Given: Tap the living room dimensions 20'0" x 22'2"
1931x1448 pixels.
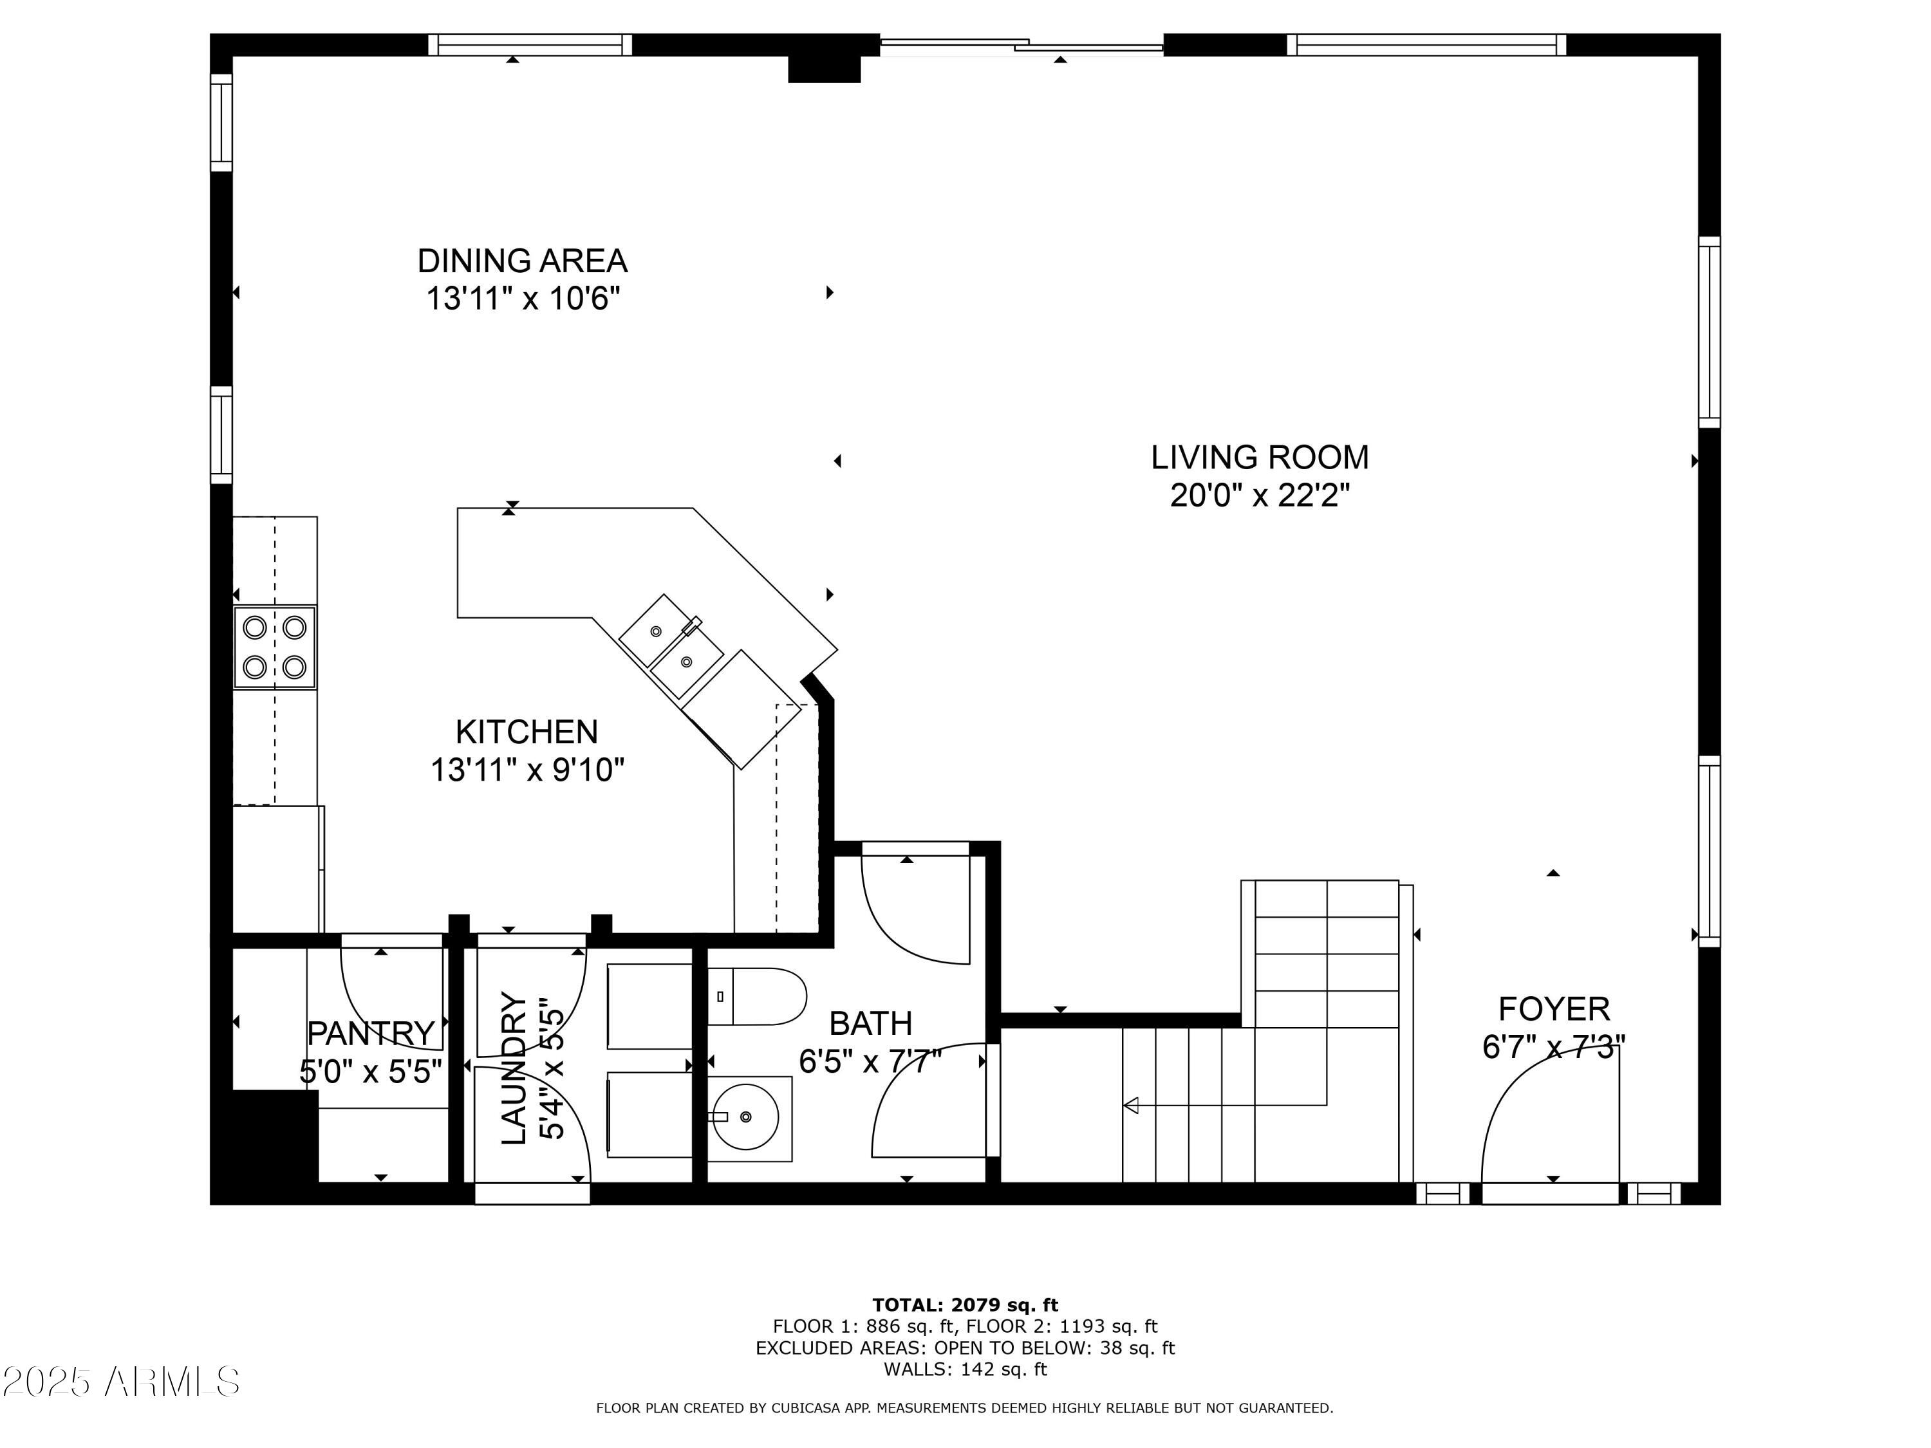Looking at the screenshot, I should (1259, 496).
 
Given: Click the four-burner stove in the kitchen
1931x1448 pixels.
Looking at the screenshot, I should (274, 647).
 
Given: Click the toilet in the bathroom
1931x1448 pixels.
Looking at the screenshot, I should (756, 996).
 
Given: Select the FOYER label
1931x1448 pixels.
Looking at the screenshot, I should (1553, 1009).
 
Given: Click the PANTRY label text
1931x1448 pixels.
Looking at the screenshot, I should (371, 1034).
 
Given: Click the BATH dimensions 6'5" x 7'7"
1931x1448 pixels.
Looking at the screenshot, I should (870, 1061).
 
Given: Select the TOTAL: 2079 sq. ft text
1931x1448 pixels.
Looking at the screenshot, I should (965, 1305).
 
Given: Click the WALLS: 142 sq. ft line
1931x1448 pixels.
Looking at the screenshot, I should (965, 1369).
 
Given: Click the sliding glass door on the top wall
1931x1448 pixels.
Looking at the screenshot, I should (1021, 46).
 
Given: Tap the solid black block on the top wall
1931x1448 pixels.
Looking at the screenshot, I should (824, 69).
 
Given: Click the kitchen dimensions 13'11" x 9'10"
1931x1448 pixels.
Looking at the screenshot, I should (527, 770).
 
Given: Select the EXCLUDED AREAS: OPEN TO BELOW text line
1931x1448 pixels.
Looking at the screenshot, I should (965, 1348).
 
